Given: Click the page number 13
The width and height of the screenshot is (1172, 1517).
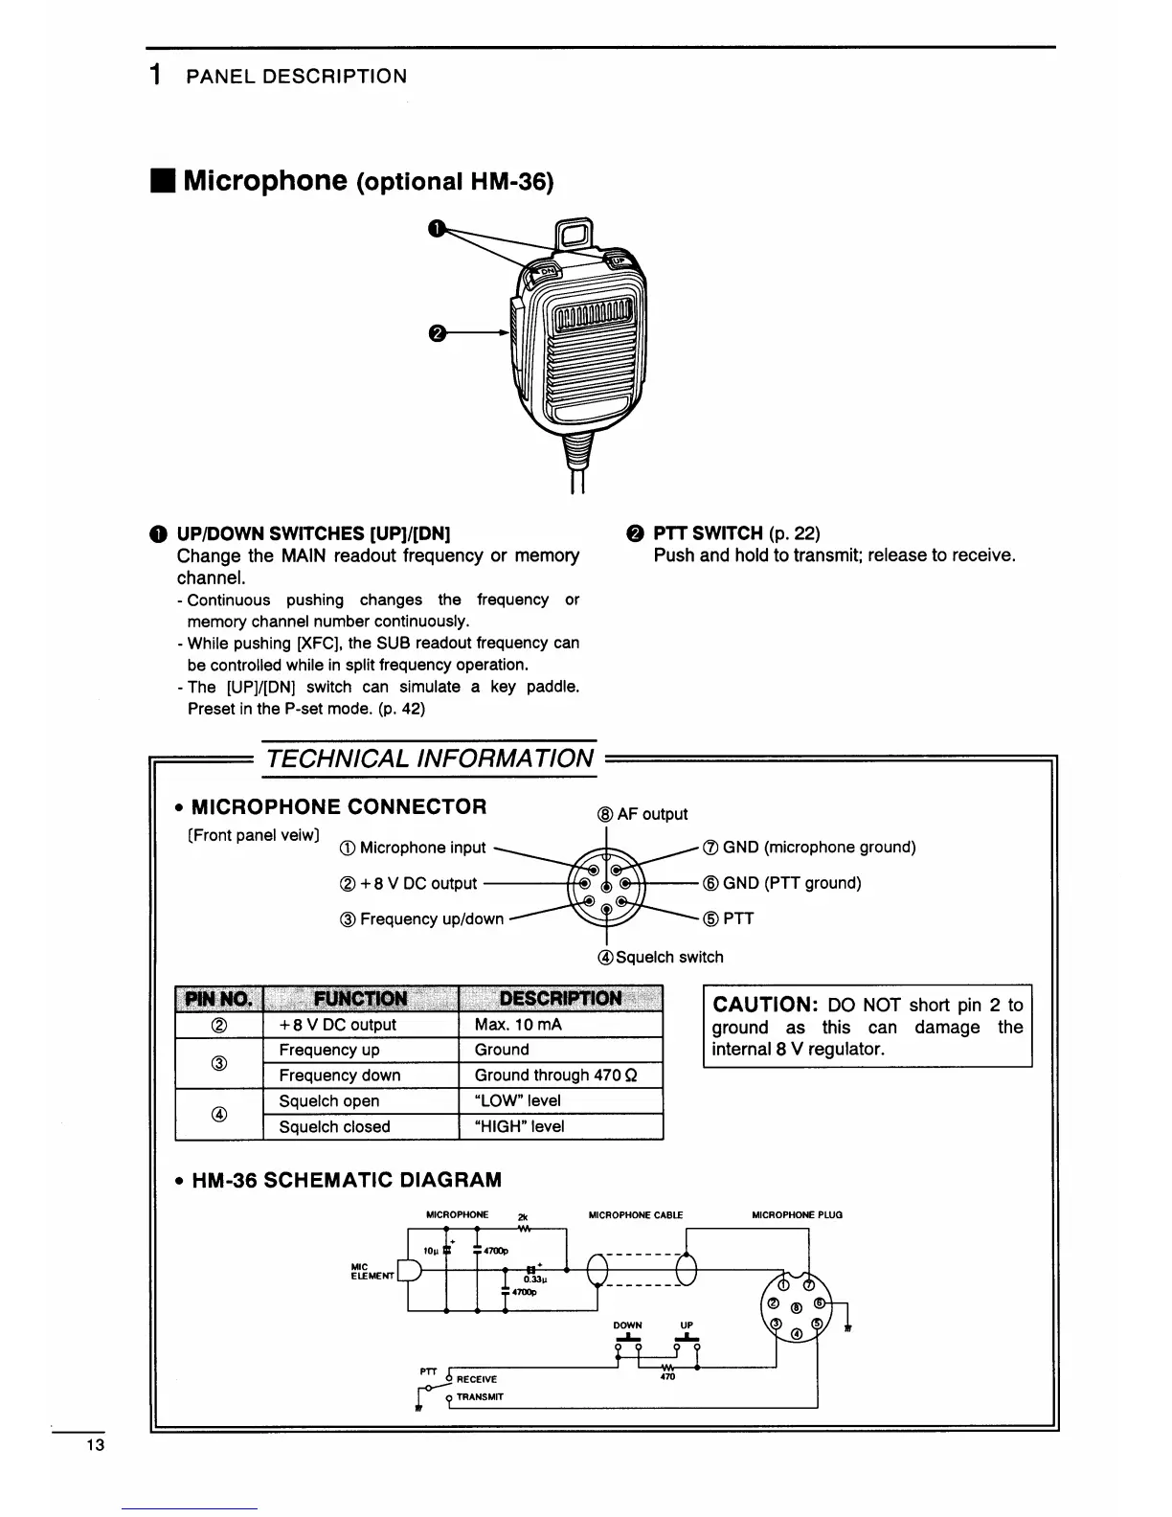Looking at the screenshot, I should pos(94,1445).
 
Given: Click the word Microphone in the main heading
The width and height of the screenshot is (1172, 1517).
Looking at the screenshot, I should pos(264,180).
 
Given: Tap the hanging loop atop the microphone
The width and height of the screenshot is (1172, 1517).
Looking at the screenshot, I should pos(574,235).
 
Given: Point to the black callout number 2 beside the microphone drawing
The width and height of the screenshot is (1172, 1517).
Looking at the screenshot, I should pos(437,333).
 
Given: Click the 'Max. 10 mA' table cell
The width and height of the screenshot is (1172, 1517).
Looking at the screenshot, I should pos(518,1025).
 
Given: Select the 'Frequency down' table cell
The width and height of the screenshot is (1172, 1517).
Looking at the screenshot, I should pos(340,1075).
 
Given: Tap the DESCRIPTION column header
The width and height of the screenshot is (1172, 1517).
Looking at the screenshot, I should pos(560,999).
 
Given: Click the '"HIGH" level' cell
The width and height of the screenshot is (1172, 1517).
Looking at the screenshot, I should pos(519,1127).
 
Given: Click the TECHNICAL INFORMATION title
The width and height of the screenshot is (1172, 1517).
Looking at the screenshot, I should pos(430,758).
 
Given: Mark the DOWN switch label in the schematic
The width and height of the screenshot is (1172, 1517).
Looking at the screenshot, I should pos(627,1325).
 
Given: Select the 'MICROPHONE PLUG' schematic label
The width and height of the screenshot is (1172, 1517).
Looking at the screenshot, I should pos(797,1215).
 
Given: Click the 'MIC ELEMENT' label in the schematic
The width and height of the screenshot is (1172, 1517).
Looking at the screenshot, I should pos(372,1271).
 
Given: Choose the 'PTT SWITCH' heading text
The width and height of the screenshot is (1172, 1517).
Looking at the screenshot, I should pos(708,533).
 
